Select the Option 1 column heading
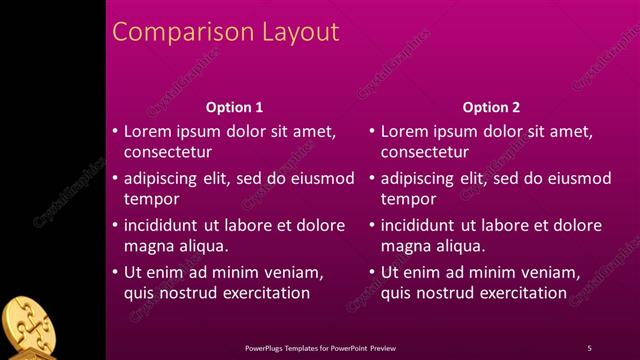click(235, 107)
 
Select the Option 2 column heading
click(492, 107)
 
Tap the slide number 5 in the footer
click(589, 348)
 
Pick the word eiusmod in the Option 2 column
click(575, 179)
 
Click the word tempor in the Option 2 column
click(409, 199)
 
